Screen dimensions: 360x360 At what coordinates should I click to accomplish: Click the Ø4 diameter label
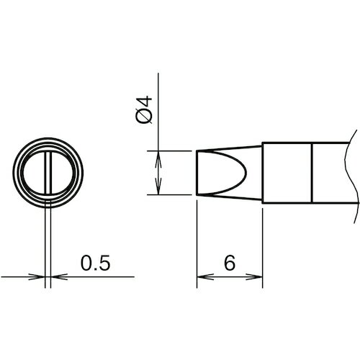(144, 109)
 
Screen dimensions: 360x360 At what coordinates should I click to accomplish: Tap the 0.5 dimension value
(95, 263)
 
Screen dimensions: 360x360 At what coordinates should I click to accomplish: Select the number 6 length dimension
(230, 263)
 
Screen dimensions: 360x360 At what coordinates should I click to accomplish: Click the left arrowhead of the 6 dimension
(205, 276)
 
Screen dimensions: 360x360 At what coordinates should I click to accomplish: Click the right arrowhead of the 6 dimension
(254, 276)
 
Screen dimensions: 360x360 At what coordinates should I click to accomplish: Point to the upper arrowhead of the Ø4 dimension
(158, 159)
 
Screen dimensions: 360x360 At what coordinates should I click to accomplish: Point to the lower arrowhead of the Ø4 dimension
(158, 186)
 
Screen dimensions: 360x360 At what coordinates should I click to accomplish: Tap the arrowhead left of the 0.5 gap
(37, 276)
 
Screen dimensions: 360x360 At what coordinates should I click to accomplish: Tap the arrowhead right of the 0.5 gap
(59, 276)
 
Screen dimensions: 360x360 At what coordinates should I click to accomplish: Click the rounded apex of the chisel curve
(246, 173)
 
